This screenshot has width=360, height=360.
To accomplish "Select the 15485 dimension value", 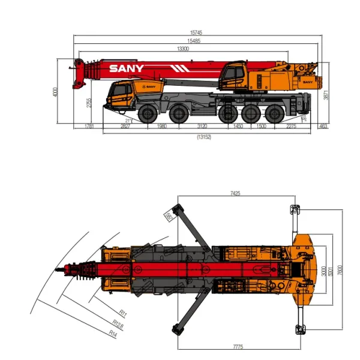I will [193, 41].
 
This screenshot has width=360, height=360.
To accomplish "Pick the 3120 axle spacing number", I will [202, 126].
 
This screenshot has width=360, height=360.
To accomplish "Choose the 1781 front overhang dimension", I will [89, 126].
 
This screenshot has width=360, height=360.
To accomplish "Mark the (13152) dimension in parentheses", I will [204, 137].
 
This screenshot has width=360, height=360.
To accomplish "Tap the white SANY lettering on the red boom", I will [126, 68].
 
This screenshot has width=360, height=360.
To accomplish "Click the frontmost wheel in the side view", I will [146, 113].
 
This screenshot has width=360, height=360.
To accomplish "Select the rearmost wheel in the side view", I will [275, 113].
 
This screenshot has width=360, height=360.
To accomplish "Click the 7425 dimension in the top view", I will [235, 193].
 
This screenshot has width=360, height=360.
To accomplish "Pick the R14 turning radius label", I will [113, 332].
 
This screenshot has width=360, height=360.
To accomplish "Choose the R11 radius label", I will [123, 313].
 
